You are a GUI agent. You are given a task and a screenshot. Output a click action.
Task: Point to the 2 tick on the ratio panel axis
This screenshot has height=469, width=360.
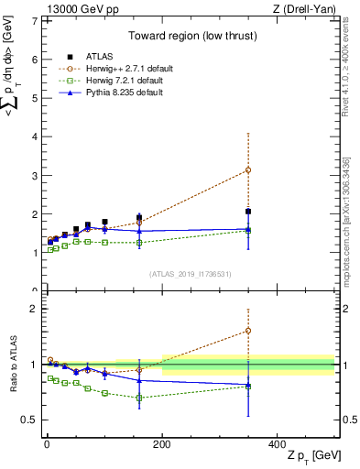pos(33,309)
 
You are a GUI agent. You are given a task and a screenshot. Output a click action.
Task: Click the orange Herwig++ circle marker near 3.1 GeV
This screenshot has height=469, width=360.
pos(248,170)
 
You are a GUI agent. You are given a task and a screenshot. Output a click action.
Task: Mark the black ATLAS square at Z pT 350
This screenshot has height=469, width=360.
pos(248,212)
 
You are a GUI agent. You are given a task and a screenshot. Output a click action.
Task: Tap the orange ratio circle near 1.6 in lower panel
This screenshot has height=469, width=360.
pos(248,331)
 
